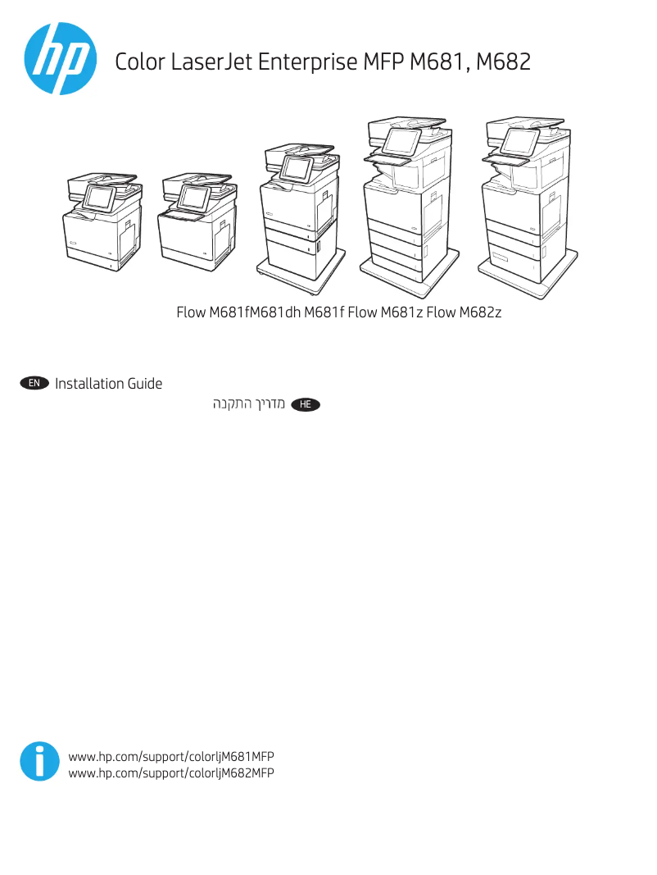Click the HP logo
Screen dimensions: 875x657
click(x=58, y=59)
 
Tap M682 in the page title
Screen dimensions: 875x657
click(x=503, y=62)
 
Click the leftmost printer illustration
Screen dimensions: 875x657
click(x=102, y=221)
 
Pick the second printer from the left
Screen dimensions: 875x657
click(x=197, y=221)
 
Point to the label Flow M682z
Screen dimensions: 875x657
click(x=464, y=312)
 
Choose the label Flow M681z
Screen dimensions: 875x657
click(x=385, y=312)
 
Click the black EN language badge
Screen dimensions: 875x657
click(x=34, y=384)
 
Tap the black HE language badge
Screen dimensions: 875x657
click(x=306, y=405)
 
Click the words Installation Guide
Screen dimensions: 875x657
click(x=108, y=384)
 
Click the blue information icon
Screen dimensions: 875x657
click(x=39, y=762)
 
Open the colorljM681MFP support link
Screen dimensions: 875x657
click(x=171, y=755)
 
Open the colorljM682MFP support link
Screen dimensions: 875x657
click(x=171, y=772)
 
